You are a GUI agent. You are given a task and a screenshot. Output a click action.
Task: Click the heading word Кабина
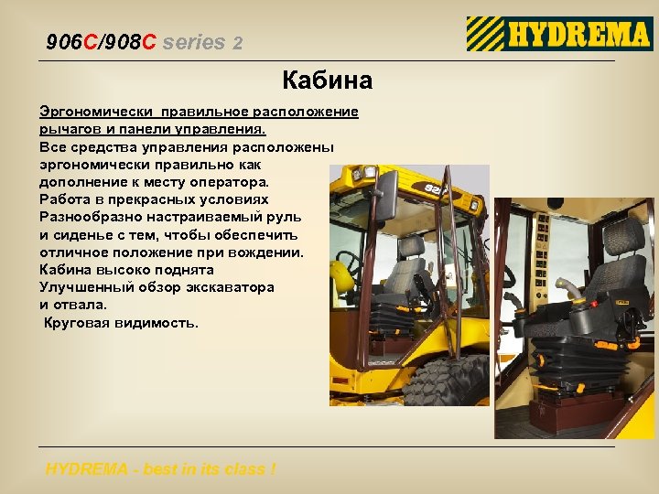328,81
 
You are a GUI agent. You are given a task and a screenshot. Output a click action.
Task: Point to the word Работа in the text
63,199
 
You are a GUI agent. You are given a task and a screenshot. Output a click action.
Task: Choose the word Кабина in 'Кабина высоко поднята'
64,270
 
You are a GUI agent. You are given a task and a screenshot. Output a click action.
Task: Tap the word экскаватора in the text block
228,287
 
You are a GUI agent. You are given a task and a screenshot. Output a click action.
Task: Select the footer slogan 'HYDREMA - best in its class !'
160,469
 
